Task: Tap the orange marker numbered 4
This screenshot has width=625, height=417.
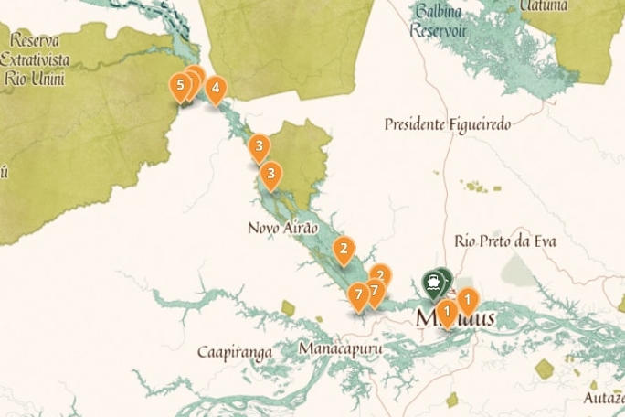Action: click(215, 89)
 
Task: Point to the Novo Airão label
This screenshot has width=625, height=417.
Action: click(283, 227)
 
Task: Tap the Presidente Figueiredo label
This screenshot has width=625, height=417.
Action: click(447, 123)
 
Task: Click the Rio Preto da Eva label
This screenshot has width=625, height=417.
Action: click(504, 241)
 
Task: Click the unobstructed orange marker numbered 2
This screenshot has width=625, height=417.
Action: click(344, 247)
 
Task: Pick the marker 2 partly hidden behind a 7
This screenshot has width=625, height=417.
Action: click(381, 273)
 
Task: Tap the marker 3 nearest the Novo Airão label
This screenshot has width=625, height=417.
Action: click(270, 172)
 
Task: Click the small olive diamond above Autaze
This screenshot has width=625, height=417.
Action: click(545, 369)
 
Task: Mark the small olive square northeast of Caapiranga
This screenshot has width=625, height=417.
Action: click(289, 308)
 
